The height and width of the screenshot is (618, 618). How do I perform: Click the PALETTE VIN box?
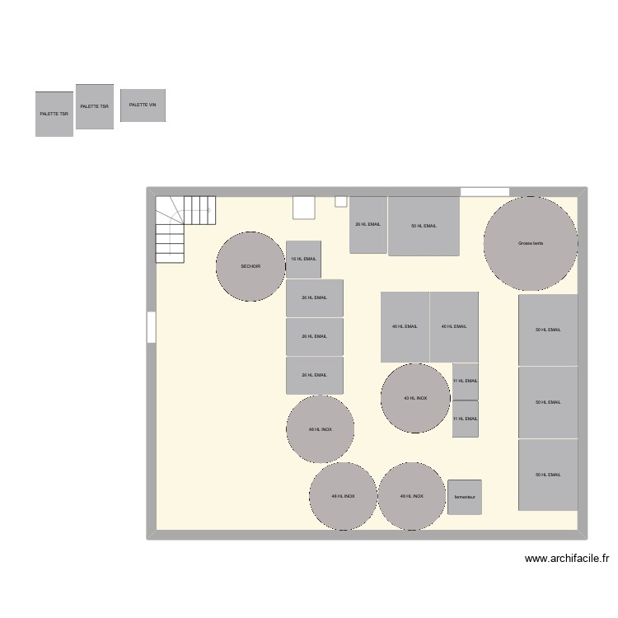point(143,105)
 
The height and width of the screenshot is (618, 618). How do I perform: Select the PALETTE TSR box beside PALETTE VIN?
point(95,106)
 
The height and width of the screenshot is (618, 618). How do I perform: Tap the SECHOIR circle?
point(250,266)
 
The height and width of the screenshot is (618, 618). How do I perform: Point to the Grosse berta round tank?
point(531,243)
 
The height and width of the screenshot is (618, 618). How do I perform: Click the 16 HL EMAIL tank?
point(303,259)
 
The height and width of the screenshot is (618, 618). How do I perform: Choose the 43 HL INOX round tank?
point(415,398)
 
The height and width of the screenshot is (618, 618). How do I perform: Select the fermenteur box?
point(465,498)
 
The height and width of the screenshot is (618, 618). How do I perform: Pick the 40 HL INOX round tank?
point(321,429)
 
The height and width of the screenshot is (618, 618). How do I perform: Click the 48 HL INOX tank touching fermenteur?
point(412,496)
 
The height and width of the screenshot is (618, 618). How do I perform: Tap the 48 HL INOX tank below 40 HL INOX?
point(343,496)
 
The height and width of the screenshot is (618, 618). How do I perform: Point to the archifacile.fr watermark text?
point(567,559)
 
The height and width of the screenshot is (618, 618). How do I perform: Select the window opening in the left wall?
point(151,326)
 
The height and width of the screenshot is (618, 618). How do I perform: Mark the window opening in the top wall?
point(485,192)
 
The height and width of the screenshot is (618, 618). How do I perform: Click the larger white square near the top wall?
point(304,207)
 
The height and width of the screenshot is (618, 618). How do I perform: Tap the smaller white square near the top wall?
point(340,201)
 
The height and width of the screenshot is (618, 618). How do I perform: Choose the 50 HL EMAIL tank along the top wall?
point(424,225)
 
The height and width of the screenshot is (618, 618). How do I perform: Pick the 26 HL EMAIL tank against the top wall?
point(368,224)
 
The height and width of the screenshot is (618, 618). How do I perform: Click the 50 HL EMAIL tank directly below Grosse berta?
point(548,330)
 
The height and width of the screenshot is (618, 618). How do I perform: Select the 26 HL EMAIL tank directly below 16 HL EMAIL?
point(314,297)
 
